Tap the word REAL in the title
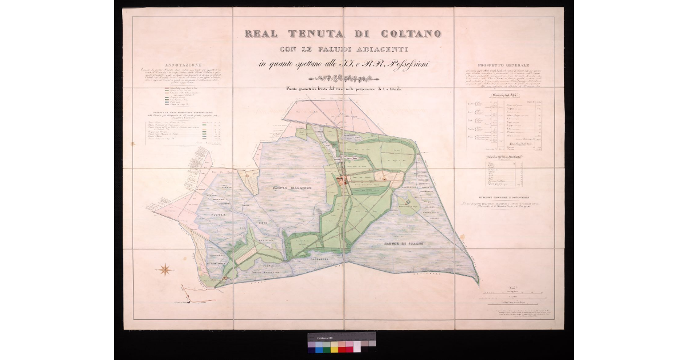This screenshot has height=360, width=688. click(x=264, y=33)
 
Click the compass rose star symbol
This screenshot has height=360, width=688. click(x=165, y=269)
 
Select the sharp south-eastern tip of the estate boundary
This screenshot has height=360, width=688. click(x=478, y=283)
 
